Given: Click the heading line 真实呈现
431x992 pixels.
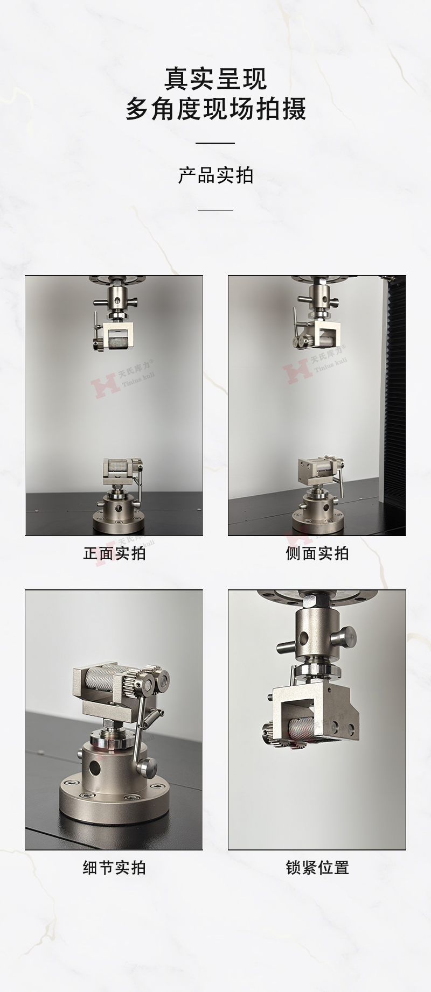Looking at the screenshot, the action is [215, 79].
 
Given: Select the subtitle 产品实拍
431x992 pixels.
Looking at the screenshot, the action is [215, 175].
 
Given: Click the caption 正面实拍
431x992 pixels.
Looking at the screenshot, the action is [114, 553].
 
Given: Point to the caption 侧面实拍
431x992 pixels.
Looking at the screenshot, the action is [317, 553].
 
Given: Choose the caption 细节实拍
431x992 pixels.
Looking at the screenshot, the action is [114, 868].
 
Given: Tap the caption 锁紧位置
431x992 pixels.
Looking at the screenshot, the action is [317, 868].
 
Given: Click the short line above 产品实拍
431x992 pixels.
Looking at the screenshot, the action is [215, 143].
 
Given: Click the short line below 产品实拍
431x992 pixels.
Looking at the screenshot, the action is [215, 210].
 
